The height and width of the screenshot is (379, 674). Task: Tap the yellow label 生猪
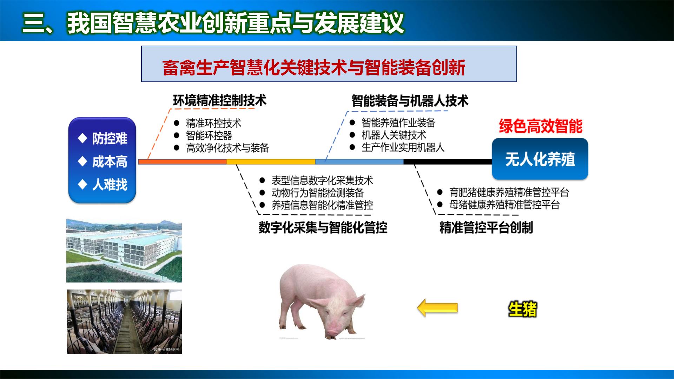(x=523, y=309)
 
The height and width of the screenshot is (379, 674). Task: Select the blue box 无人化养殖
(x=540, y=159)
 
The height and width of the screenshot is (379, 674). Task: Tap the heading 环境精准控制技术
(x=219, y=101)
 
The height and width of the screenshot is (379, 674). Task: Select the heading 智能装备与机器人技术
(x=410, y=101)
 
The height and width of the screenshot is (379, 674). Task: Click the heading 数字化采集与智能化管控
(x=323, y=228)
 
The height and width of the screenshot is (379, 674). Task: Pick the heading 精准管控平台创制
(x=486, y=228)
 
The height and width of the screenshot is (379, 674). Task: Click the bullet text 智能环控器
(x=209, y=136)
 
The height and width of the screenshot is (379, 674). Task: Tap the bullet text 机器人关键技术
(x=394, y=135)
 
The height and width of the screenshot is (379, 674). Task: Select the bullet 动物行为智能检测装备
(x=317, y=193)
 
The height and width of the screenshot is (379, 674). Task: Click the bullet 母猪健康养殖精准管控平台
(x=504, y=205)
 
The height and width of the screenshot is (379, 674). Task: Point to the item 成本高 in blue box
(x=109, y=162)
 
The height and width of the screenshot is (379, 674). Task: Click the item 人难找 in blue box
(x=109, y=185)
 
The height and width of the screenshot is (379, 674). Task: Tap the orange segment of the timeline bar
(x=183, y=162)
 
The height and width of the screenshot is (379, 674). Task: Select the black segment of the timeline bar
(x=448, y=162)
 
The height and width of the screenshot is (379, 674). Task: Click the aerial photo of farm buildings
(x=124, y=251)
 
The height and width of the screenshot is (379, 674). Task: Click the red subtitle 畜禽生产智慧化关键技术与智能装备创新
(x=314, y=68)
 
